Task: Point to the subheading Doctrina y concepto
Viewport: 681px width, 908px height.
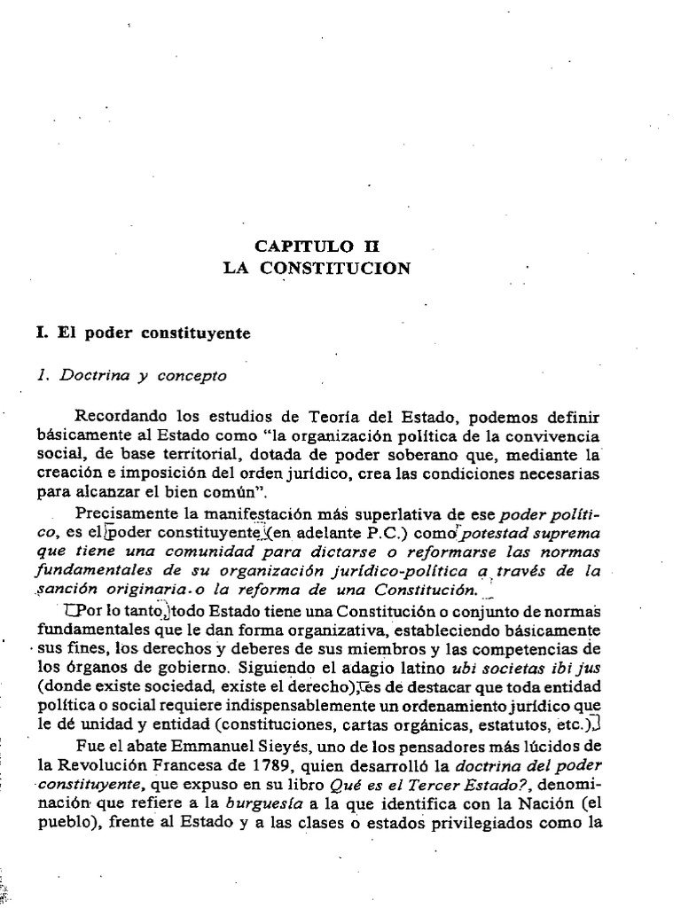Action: pos(133,375)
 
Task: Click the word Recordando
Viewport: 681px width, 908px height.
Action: pos(117,418)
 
